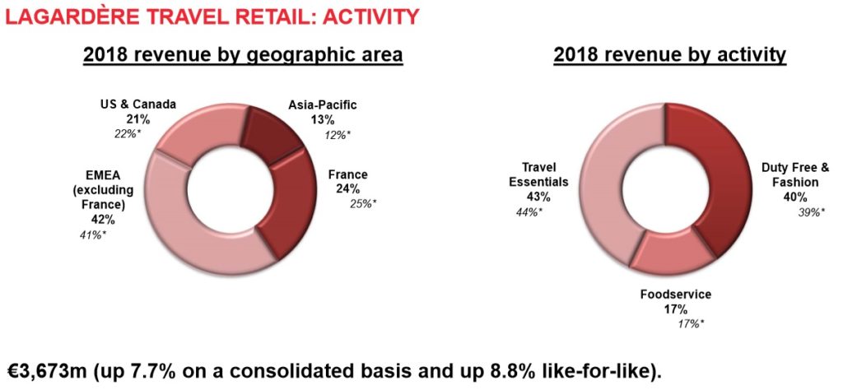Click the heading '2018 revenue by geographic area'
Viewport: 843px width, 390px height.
point(243,55)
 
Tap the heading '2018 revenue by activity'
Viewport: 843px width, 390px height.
point(670,55)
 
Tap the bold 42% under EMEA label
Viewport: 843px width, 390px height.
point(101,219)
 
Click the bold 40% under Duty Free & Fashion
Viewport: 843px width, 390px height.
point(794,197)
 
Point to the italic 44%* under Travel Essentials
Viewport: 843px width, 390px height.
point(528,212)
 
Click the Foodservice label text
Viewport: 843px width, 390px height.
point(675,295)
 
